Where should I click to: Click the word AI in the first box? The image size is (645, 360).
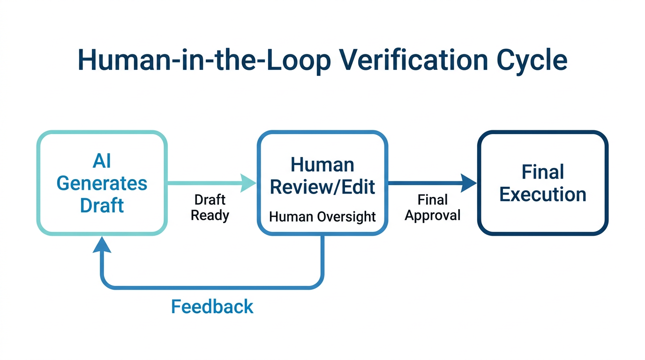(102, 161)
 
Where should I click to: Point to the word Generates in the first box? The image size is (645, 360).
(102, 183)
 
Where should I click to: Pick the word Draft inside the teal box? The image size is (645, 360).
(102, 205)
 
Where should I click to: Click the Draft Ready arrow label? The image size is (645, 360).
(210, 208)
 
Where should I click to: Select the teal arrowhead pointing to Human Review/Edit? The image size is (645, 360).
(248, 182)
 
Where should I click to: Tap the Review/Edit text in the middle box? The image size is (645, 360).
(322, 187)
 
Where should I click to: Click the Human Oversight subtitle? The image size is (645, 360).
(322, 217)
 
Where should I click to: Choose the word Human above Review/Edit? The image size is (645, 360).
(322, 165)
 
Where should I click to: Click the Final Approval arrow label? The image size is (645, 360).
(433, 208)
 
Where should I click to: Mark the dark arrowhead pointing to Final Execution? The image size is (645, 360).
(468, 182)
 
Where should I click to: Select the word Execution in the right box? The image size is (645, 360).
(543, 194)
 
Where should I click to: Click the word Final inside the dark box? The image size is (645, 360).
(543, 172)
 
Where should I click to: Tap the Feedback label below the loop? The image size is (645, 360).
(212, 307)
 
